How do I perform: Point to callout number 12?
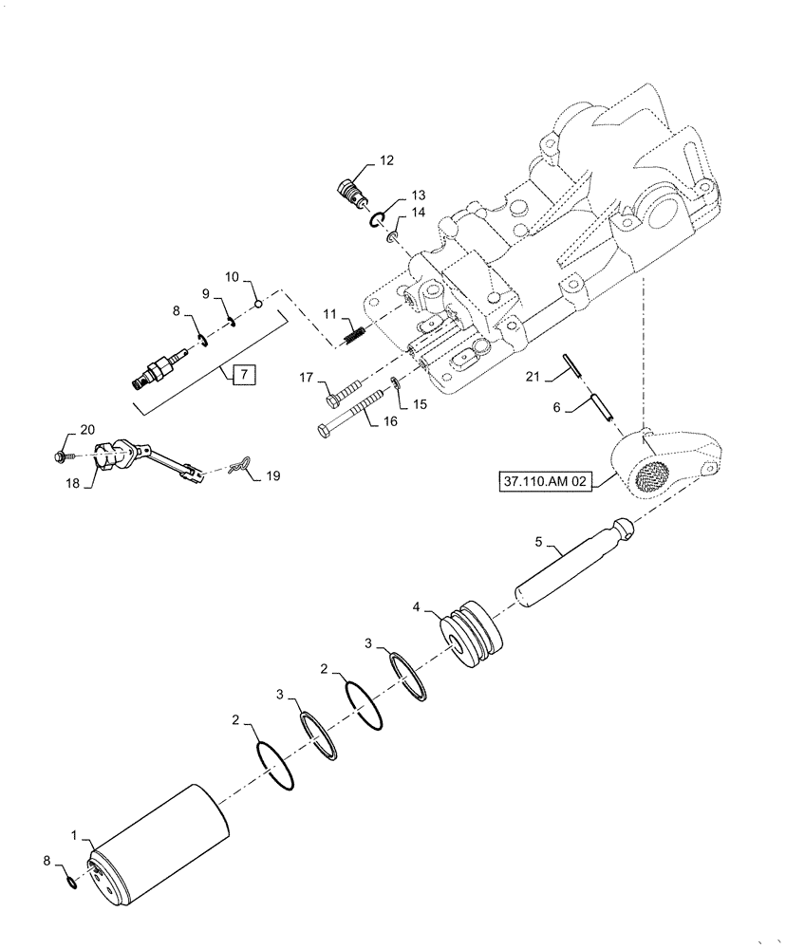(386, 160)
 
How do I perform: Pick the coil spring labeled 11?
(352, 333)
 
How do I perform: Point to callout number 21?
(533, 377)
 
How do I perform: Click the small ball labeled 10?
(256, 304)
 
